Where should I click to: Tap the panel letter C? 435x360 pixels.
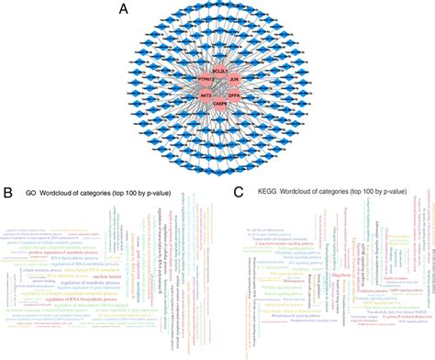pos(239,194)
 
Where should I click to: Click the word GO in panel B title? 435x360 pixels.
pos(30,195)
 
